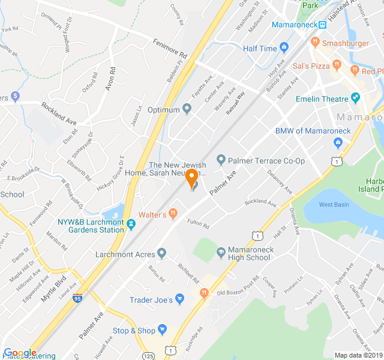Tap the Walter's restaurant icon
coord(173,212)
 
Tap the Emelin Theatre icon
coord(356,98)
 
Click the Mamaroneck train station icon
coord(323,25)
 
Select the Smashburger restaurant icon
coord(314,43)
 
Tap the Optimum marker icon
coord(187,109)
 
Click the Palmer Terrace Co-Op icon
coord(221,160)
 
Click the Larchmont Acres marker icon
coord(161,254)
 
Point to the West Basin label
coord(334,205)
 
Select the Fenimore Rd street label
coord(170,48)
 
